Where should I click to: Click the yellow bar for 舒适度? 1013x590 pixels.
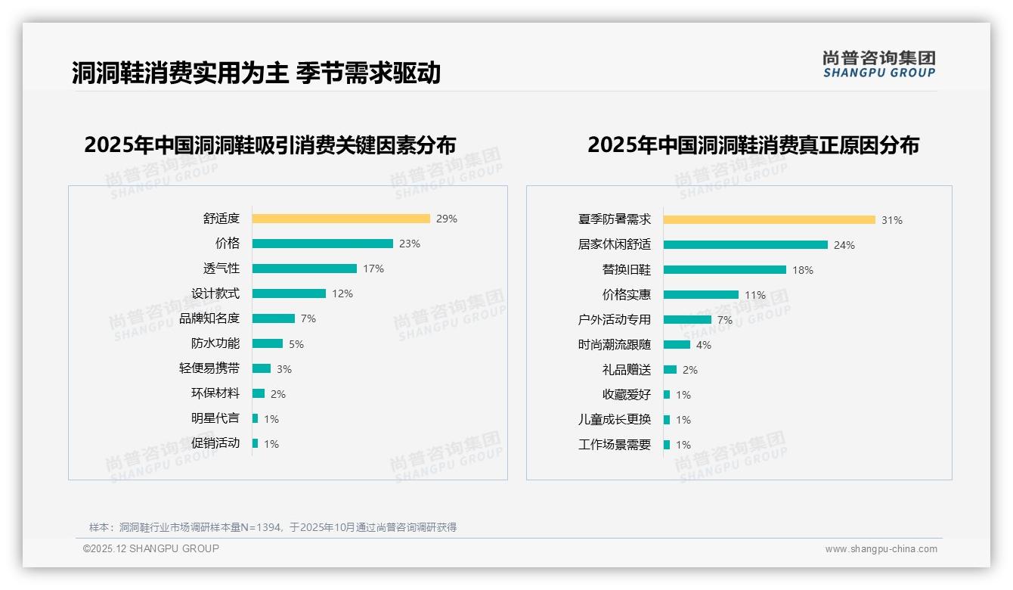pyautogui.click(x=341, y=219)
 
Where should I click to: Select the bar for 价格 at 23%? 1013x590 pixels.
pyautogui.click(x=323, y=244)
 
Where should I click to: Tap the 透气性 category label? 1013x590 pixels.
pyautogui.click(x=221, y=269)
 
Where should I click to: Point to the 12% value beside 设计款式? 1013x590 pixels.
pyautogui.click(x=342, y=293)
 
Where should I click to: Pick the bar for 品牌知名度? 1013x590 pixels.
pyautogui.click(x=274, y=318)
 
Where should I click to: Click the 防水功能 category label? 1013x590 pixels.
pyautogui.click(x=215, y=343)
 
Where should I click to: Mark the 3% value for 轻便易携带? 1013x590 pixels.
pyautogui.click(x=283, y=369)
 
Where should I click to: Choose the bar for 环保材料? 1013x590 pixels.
pyautogui.click(x=259, y=393)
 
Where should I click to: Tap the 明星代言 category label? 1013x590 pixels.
pyautogui.click(x=215, y=418)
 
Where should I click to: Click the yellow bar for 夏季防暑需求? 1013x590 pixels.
pyautogui.click(x=770, y=220)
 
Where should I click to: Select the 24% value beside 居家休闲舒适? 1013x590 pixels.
pyautogui.click(x=844, y=245)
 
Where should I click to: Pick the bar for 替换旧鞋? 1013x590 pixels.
pyautogui.click(x=725, y=269)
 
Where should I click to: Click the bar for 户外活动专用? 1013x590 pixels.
pyautogui.click(x=687, y=319)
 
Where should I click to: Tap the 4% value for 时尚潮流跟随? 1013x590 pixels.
pyautogui.click(x=704, y=345)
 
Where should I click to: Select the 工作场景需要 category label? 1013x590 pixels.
pyautogui.click(x=615, y=445)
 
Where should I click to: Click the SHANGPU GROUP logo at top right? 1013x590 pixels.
pyautogui.click(x=878, y=64)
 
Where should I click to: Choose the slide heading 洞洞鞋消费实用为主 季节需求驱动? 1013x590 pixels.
pyautogui.click(x=256, y=73)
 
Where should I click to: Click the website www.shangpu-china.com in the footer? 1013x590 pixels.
pyautogui.click(x=881, y=549)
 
